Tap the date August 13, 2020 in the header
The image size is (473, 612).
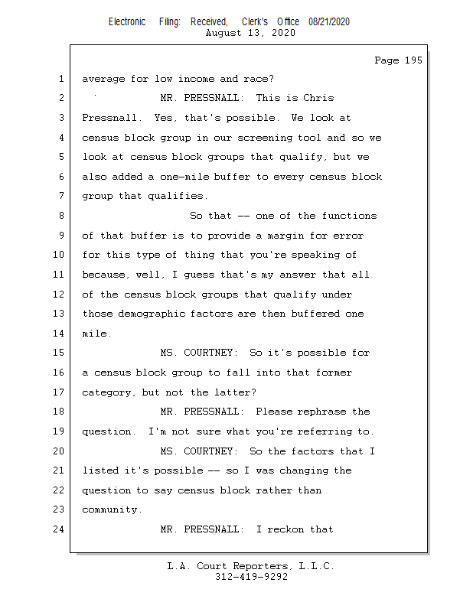(251, 33)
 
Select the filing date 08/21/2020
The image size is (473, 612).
(329, 22)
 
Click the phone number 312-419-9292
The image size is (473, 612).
(251, 577)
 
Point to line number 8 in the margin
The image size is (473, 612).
(60, 216)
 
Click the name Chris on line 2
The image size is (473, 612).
(318, 99)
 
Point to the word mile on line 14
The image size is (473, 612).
(95, 334)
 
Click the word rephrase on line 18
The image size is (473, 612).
(319, 412)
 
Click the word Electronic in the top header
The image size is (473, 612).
(127, 22)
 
